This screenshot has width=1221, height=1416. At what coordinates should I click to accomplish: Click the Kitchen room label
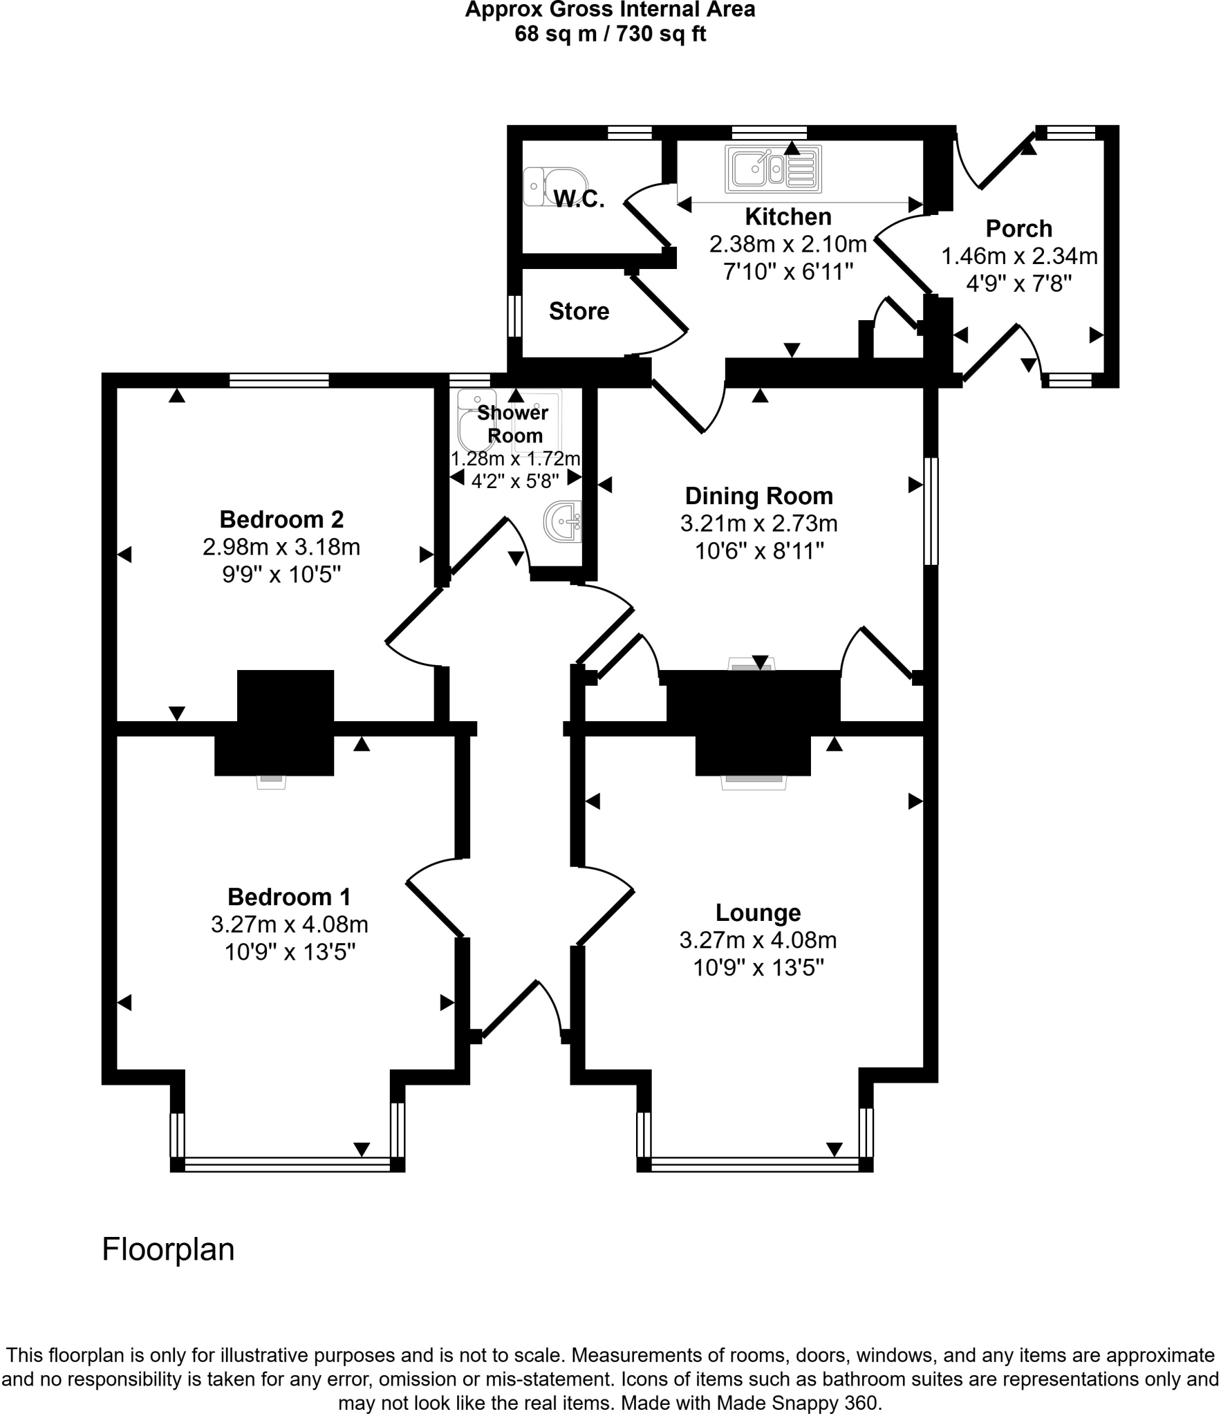tap(787, 217)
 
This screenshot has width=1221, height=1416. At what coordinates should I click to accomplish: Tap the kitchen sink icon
tap(772, 169)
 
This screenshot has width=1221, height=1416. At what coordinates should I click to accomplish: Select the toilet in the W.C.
tap(543, 186)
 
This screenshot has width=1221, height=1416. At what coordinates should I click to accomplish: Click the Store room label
tap(579, 312)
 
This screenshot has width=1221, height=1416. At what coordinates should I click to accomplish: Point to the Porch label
tap(1018, 229)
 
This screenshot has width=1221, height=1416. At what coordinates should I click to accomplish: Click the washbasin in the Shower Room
tap(563, 522)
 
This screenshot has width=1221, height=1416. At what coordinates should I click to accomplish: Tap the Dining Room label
tap(758, 496)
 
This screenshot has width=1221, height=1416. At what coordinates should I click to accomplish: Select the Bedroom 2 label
tap(281, 519)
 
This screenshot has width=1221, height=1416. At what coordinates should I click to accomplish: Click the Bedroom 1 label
tap(289, 897)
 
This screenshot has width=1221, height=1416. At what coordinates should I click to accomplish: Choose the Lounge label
tap(758, 913)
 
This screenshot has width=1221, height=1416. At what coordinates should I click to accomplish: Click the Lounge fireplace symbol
tap(753, 781)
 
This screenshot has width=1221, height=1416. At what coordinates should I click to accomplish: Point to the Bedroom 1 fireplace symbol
tap(271, 781)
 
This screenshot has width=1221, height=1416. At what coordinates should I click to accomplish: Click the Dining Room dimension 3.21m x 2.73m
tap(758, 523)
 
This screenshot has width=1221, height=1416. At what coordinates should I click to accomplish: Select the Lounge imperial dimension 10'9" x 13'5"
tap(758, 968)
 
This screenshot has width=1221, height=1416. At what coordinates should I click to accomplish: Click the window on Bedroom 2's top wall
tap(279, 380)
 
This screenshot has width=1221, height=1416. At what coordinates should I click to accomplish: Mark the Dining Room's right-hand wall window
tap(931, 511)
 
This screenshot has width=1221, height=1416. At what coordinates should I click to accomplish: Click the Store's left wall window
tap(514, 317)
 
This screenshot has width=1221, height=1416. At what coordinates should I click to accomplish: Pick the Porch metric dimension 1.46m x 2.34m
tap(1019, 257)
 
